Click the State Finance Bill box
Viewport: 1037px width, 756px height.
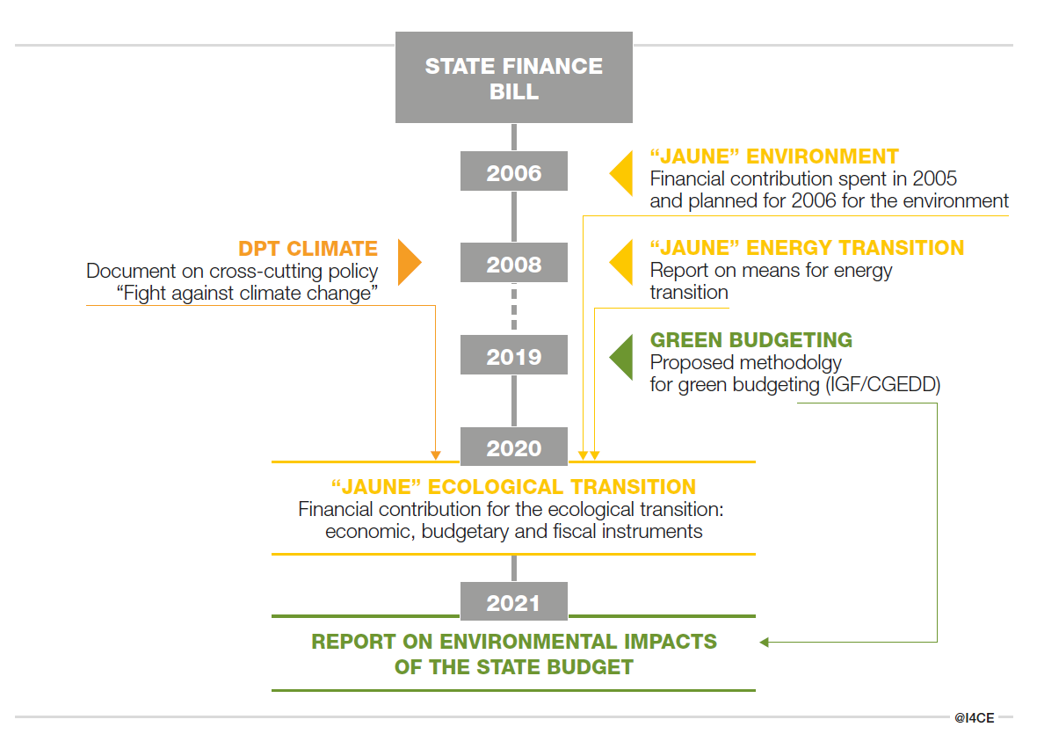(514, 77)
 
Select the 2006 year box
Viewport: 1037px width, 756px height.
(514, 172)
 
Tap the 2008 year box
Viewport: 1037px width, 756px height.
(514, 264)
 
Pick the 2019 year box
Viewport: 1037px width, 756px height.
(514, 356)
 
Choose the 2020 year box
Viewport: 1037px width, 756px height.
(514, 447)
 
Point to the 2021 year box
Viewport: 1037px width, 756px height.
(514, 602)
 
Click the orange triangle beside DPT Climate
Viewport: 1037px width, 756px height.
(408, 262)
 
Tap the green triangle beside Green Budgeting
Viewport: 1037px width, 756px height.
(622, 355)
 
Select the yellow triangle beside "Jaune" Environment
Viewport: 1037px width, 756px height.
(622, 172)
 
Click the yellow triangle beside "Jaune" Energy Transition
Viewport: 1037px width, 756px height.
(622, 263)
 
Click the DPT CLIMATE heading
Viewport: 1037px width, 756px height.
(308, 249)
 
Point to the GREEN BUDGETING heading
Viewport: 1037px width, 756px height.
(751, 340)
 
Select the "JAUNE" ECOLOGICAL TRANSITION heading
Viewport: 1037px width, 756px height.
(513, 486)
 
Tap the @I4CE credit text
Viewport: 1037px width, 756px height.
(974, 718)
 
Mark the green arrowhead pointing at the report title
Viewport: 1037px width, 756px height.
(764, 643)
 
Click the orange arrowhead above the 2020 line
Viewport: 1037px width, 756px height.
(435, 455)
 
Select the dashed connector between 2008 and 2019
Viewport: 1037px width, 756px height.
(514, 310)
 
